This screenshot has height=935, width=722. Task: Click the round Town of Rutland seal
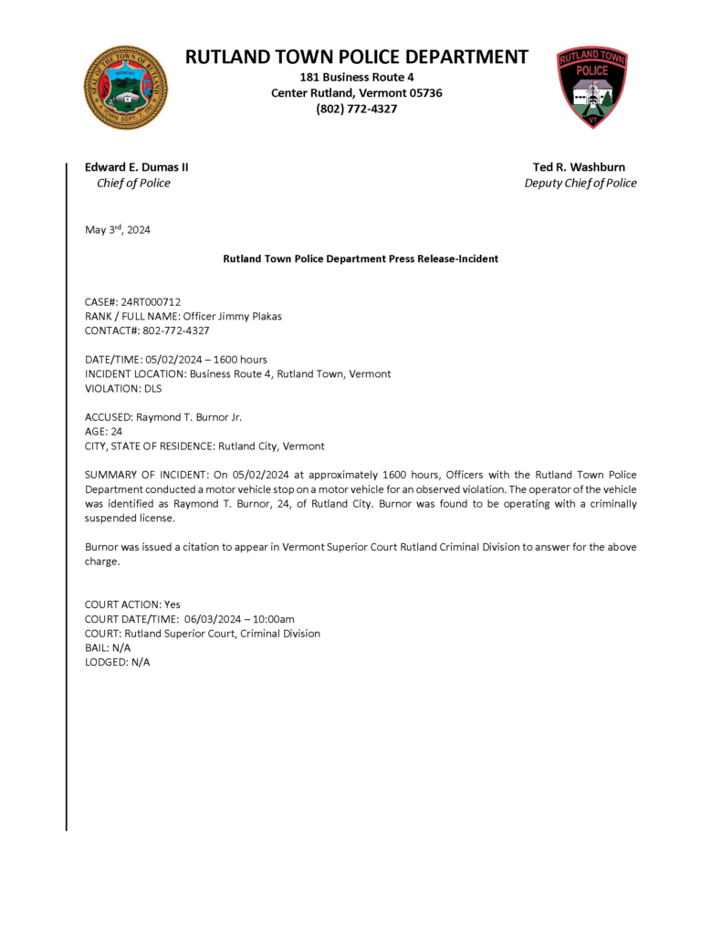point(126,88)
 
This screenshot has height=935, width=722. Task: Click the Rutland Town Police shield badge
point(592,87)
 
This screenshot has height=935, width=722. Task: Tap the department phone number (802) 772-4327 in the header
point(357,109)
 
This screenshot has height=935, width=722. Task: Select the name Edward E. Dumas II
point(137,167)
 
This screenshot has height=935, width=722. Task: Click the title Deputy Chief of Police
point(581,183)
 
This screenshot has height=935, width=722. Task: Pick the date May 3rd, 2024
point(118,230)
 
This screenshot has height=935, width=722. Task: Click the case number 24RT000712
point(151,301)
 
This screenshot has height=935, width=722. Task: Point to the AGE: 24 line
point(104,432)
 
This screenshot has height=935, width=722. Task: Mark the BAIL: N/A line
point(108,647)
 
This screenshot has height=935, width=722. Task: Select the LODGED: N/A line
point(118,662)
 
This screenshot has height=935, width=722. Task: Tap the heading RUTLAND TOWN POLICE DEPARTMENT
point(357,57)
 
